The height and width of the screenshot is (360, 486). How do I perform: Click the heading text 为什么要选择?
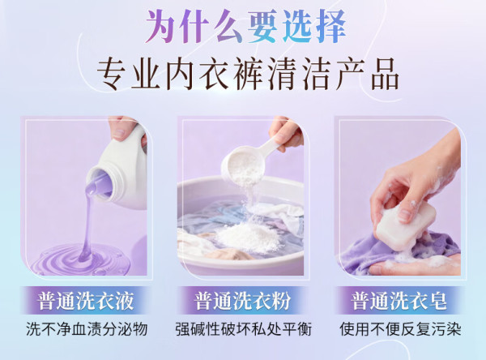point(245,27)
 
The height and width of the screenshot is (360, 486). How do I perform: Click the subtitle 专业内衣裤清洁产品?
point(247,74)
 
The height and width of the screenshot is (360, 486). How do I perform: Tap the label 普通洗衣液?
point(86,301)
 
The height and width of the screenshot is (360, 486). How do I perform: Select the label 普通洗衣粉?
point(242,301)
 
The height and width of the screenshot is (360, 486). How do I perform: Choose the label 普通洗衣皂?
point(399,301)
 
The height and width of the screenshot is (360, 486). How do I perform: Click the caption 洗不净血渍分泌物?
point(87,329)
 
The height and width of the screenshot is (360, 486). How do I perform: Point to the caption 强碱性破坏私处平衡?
point(243,329)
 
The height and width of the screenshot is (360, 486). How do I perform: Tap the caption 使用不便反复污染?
point(400,329)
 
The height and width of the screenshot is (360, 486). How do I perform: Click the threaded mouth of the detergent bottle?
point(100,182)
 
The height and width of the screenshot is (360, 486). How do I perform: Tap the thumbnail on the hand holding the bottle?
point(119,134)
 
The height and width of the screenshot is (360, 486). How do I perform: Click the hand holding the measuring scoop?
point(287,134)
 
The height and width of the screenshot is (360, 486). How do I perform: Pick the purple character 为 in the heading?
point(160,27)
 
